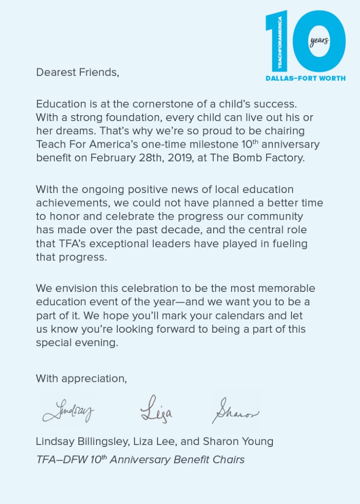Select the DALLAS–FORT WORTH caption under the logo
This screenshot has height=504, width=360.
(x=305, y=78)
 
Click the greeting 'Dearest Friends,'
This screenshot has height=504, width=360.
(x=78, y=72)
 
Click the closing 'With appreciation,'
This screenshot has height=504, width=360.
(x=81, y=378)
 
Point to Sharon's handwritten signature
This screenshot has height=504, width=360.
(x=235, y=410)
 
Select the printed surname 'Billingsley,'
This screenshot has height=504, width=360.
(x=103, y=441)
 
